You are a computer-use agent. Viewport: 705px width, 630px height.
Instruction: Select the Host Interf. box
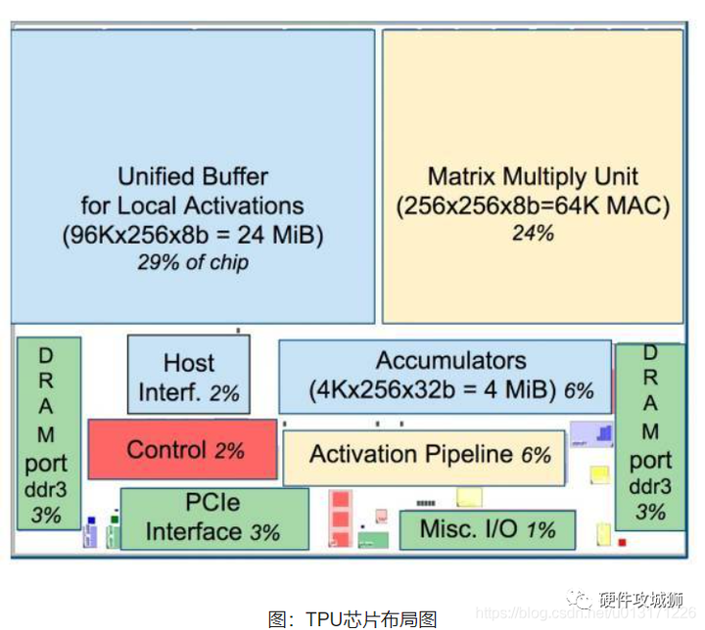point(189,377)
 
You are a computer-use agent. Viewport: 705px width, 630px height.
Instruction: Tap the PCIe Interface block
point(213,519)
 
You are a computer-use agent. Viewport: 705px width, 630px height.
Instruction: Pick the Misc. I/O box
point(487,529)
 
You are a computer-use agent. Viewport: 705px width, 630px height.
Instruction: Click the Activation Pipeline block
point(423,456)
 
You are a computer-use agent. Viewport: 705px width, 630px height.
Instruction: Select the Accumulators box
point(445,376)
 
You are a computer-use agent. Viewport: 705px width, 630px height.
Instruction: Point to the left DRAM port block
point(48,432)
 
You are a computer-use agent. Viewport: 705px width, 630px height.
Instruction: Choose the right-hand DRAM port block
point(650,432)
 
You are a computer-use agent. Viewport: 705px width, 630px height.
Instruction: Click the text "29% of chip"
point(193,261)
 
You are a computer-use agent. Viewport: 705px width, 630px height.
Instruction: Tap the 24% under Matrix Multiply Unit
point(533,233)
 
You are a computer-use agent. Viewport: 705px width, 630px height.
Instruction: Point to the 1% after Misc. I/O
point(540,530)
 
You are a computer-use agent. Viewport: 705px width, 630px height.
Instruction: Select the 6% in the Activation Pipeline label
point(536,455)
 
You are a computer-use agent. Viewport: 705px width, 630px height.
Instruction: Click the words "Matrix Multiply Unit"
point(533,177)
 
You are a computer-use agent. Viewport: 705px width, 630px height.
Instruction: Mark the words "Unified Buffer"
point(193,177)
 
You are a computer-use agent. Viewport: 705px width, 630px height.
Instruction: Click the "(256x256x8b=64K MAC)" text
point(533,206)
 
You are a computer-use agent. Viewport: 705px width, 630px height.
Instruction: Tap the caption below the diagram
point(352,618)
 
